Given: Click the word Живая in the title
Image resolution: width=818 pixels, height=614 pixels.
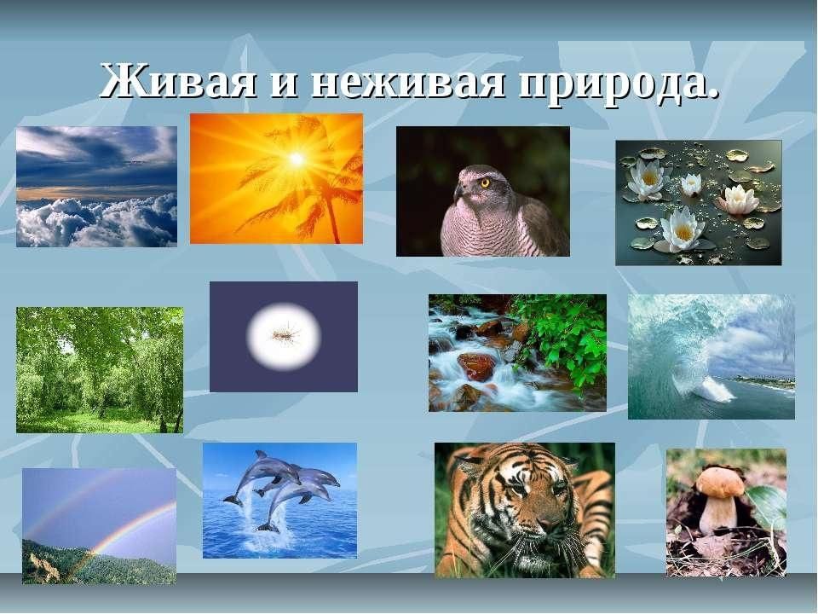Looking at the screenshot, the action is coord(179,81).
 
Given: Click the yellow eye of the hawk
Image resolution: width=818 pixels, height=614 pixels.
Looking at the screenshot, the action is coord(485,182).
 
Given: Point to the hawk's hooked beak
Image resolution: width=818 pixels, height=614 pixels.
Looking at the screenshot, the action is coord(458,192).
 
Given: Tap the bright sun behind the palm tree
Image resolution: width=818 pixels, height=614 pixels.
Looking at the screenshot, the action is coord(297,159).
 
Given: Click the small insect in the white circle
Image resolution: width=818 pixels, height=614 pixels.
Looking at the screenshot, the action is coord(285,332).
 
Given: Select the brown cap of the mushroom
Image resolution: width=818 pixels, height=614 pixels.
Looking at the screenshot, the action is coord(721,482).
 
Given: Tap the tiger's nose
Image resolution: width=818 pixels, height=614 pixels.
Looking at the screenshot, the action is coord(545,523).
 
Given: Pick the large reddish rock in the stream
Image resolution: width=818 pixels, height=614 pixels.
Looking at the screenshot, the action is coord(475,366).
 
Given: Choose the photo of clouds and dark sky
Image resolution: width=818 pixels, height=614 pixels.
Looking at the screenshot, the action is coord(96,187).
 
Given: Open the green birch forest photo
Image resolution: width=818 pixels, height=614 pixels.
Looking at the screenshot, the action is coord(100,370).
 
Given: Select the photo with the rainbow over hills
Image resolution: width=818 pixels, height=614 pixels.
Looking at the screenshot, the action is coord(99,526).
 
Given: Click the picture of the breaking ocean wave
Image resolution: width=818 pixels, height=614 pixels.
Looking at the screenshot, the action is coord(711,356).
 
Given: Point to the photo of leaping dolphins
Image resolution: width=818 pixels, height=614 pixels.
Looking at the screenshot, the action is coord(280,501).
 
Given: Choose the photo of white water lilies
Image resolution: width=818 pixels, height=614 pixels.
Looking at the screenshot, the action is coord(699,203).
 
